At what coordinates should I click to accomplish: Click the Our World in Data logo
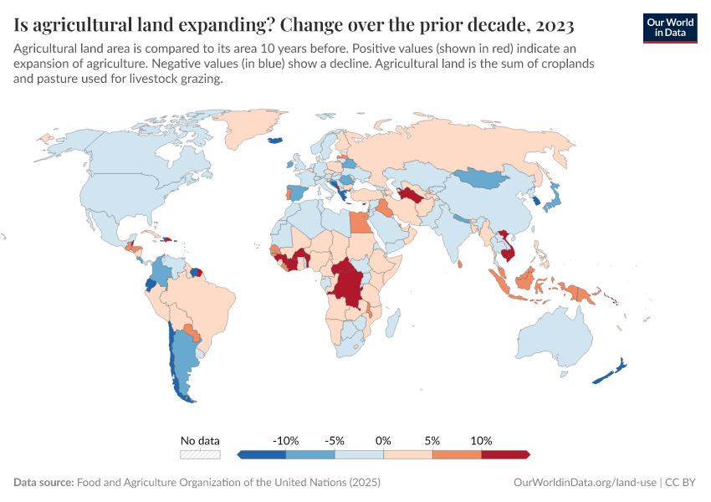pos(669,28)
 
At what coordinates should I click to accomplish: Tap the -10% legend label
pos(286,440)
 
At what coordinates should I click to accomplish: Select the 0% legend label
pos(384,440)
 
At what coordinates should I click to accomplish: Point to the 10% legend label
pos(482,440)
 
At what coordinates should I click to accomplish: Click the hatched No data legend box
pos(201,454)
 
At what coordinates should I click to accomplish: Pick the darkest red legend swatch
pos(505,454)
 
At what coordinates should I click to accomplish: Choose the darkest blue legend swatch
pos(262,454)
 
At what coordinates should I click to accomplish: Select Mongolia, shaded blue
pos(488,177)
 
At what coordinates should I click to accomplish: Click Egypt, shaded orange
pos(358,223)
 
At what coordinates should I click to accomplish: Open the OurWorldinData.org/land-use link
pos(585,483)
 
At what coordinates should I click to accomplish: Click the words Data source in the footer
pos(43,483)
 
